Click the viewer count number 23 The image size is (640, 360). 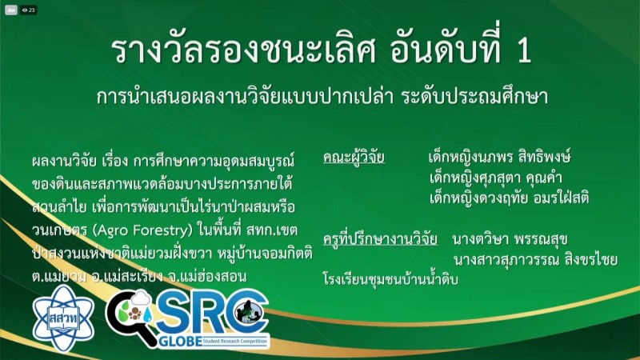[31, 10]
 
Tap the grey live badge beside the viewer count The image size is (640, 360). [11, 10]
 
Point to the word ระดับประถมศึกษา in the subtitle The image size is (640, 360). [474, 96]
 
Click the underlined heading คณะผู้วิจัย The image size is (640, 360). [354, 157]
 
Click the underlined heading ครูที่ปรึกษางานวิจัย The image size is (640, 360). [380, 238]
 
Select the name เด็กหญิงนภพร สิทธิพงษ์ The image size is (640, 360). [499, 157]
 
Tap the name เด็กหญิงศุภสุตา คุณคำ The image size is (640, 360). [496, 178]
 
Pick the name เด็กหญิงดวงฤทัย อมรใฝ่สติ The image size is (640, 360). [509, 198]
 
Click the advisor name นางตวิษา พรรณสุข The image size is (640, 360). [510, 239]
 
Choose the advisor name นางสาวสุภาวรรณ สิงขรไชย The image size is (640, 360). [535, 259]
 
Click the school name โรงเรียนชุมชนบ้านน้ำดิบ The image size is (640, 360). [390, 279]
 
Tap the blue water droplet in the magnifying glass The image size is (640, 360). [147, 314]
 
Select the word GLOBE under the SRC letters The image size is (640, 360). [180, 342]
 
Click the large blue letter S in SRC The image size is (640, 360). [172, 313]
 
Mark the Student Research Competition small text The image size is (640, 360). [234, 342]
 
